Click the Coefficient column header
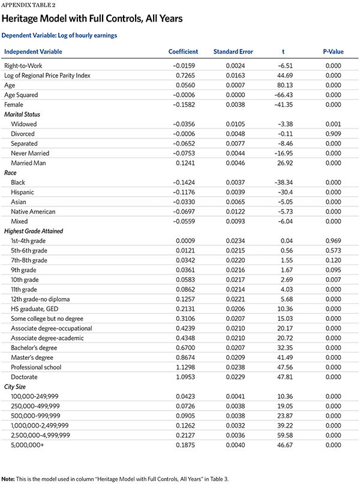(183, 52)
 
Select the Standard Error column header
(233, 52)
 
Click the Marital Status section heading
(23, 114)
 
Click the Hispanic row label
(23, 192)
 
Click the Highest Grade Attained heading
(34, 231)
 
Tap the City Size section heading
(17, 386)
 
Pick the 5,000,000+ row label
(26, 444)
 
